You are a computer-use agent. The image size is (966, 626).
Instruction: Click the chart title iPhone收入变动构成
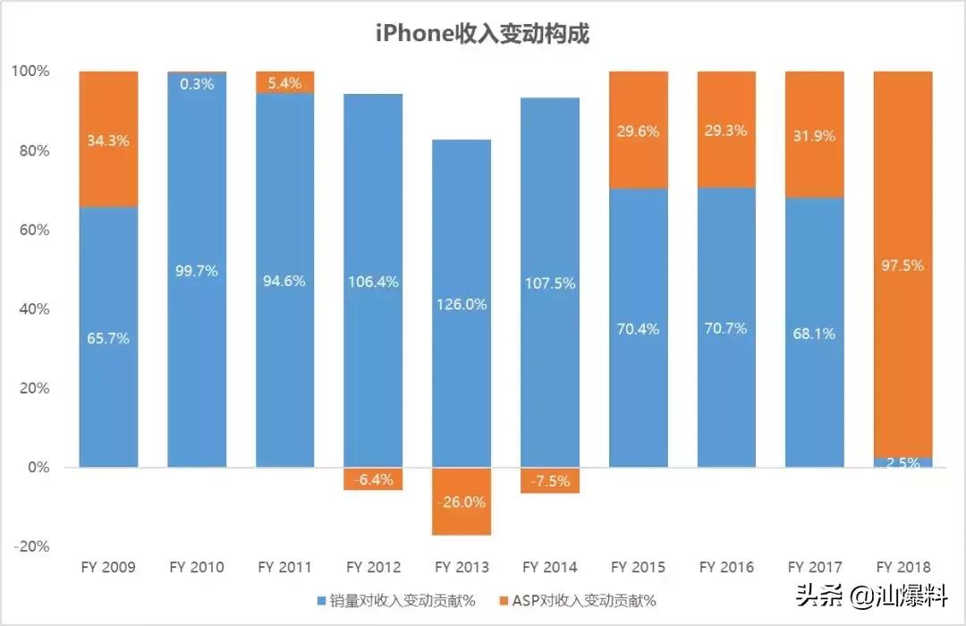(x=483, y=34)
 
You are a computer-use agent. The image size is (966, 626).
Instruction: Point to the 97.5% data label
(x=903, y=266)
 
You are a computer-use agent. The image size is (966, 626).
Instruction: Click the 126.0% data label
(x=462, y=304)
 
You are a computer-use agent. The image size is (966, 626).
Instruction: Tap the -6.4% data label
(x=373, y=479)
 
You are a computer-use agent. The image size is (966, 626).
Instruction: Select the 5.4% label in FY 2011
(x=285, y=83)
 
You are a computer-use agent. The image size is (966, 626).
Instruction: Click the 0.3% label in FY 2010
(x=197, y=84)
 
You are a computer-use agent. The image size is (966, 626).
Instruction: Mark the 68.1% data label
(x=815, y=334)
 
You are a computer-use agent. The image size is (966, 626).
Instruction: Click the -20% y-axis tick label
(x=33, y=546)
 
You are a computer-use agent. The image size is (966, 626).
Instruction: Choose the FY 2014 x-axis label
(x=550, y=567)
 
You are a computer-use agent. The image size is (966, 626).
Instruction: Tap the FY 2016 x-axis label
(x=726, y=567)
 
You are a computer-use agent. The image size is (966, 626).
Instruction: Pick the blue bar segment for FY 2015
(x=639, y=376)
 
